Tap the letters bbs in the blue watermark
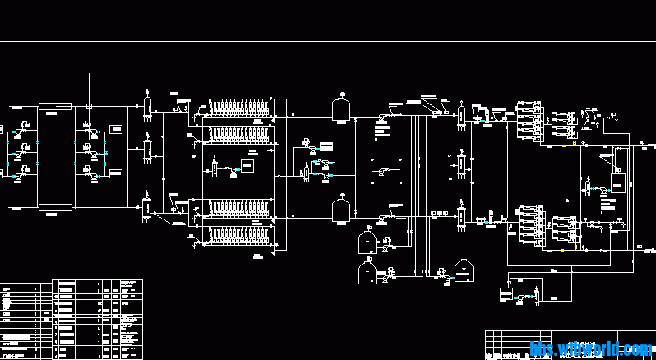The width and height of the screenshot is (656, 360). [544, 349]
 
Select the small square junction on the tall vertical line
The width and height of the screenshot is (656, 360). [90, 106]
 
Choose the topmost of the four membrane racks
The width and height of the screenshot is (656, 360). [239, 108]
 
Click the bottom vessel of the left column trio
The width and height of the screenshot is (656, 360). [147, 207]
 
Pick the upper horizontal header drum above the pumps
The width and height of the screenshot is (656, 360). [56, 106]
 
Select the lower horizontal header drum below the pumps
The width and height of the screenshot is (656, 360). [56, 207]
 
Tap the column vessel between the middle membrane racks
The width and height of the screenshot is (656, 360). [215, 167]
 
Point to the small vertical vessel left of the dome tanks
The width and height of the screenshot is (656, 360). [306, 171]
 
